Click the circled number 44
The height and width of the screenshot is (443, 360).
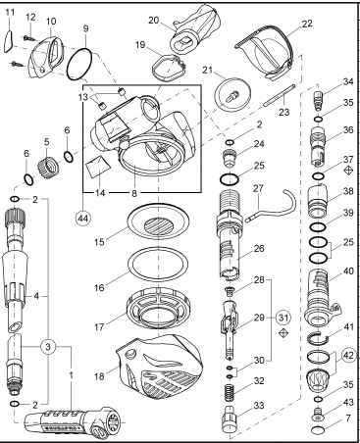coord(82,219)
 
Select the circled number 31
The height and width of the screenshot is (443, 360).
coord(283,317)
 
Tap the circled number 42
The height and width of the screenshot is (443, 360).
coord(348,355)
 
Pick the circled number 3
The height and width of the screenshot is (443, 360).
coord(48,347)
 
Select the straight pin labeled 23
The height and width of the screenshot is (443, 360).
coord(280,95)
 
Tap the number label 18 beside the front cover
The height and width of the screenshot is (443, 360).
coord(99,376)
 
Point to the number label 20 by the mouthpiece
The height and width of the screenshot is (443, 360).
coord(153,21)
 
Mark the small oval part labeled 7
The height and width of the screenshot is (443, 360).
coord(318,430)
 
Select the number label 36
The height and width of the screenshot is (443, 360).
coord(348,130)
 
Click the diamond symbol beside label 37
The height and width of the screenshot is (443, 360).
coord(349,171)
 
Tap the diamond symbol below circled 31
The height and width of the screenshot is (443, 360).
coord(283,333)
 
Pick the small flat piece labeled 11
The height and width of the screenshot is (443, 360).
coord(9,41)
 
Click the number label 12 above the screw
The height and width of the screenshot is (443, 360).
coord(30,17)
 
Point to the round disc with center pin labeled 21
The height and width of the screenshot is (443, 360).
coord(232,95)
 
